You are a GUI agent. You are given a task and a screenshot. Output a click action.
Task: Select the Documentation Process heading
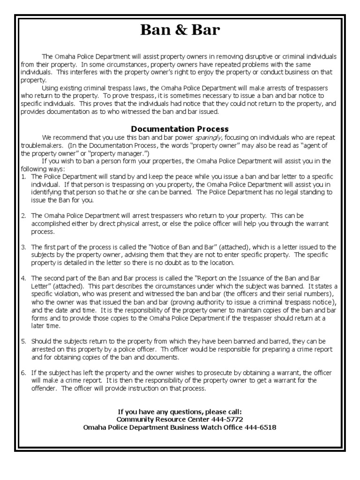point(180,129)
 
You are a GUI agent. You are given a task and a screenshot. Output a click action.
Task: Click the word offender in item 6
point(45,389)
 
